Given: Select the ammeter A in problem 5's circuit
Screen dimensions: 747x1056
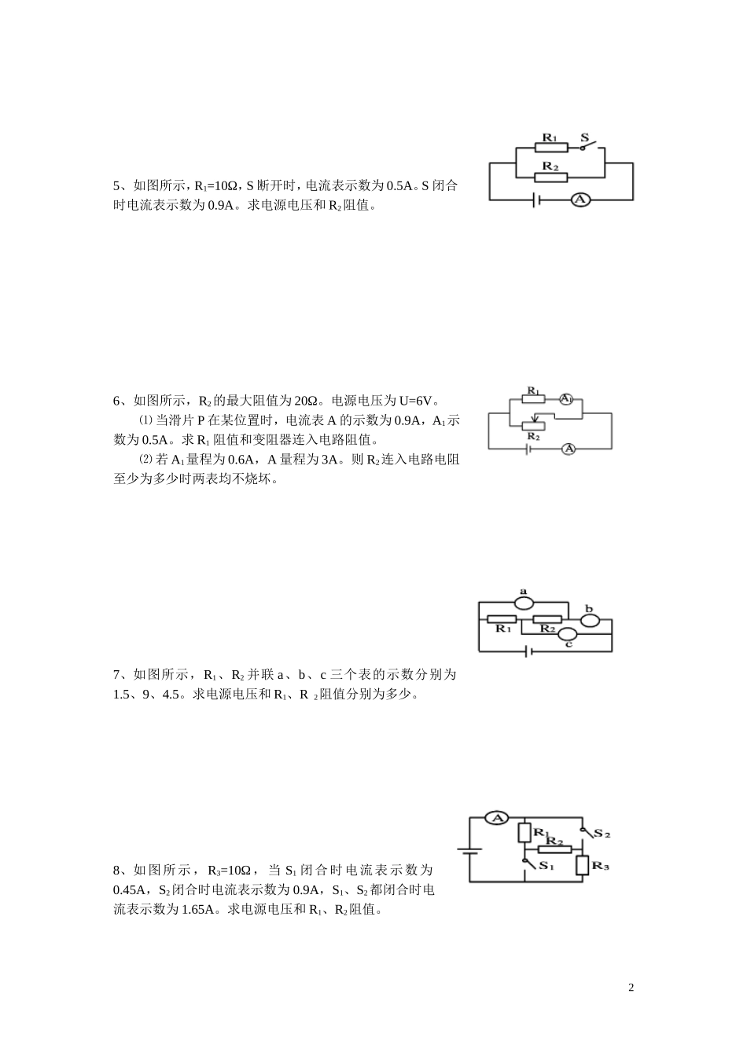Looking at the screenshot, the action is click(x=580, y=200).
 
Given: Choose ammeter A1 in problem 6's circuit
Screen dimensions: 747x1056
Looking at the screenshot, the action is click(x=566, y=399).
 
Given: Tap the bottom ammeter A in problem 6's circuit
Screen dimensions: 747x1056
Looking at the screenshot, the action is click(x=570, y=449).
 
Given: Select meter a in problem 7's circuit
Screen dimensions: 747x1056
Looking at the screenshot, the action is click(x=524, y=603).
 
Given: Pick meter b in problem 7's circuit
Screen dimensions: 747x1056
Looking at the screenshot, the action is click(x=591, y=621).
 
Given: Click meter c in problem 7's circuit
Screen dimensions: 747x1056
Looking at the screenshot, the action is click(x=568, y=634).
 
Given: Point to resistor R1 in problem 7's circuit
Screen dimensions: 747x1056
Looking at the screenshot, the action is click(x=502, y=620).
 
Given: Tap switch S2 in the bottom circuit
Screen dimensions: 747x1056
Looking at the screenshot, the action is click(x=587, y=831).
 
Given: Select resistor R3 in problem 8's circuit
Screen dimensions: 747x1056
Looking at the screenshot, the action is click(x=582, y=865).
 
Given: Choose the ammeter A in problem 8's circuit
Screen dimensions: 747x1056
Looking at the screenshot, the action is click(x=496, y=818).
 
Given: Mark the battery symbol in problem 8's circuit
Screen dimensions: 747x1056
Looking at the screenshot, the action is click(x=470, y=851).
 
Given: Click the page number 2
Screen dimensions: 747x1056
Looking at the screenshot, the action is click(x=631, y=988).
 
